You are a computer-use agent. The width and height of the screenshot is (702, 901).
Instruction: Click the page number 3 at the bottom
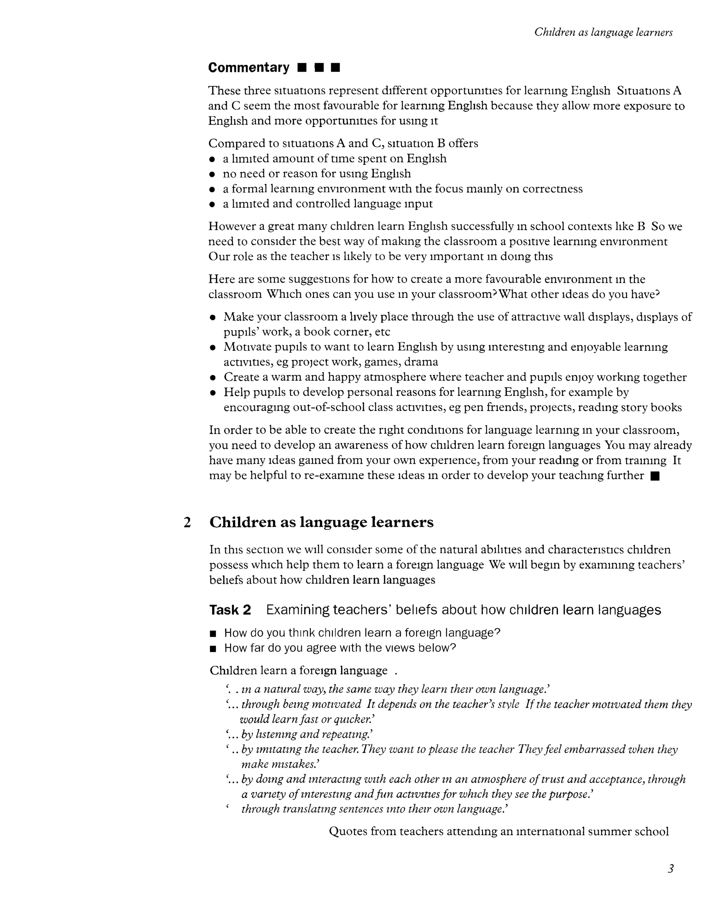[670, 868]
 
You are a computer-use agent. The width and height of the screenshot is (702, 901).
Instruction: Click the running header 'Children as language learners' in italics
[603, 32]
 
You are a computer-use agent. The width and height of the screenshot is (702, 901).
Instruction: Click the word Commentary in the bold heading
[249, 68]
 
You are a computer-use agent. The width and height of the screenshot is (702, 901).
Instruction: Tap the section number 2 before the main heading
[187, 523]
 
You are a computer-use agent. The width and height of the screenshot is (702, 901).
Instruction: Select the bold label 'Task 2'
[230, 610]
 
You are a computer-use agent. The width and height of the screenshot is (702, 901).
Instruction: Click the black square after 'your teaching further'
[655, 476]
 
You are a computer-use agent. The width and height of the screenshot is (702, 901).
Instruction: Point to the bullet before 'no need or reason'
[212, 174]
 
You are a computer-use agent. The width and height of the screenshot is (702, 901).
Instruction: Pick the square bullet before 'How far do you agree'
[213, 648]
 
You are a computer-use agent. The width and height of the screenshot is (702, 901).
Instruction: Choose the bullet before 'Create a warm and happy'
[213, 377]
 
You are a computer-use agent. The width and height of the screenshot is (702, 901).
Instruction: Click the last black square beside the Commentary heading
[336, 68]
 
